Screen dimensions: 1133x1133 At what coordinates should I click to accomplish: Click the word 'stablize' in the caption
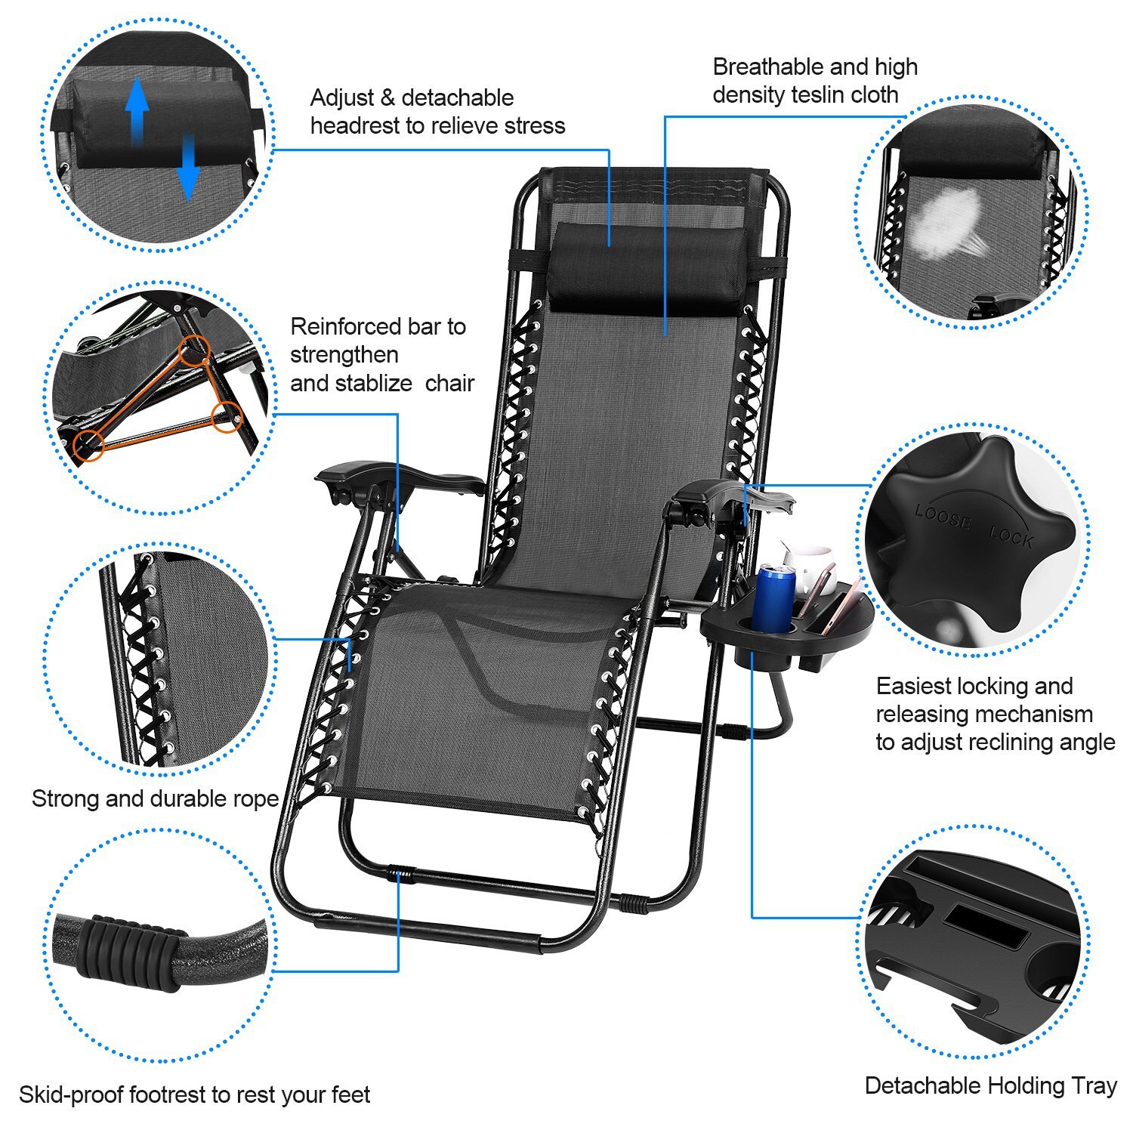[x=373, y=384]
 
